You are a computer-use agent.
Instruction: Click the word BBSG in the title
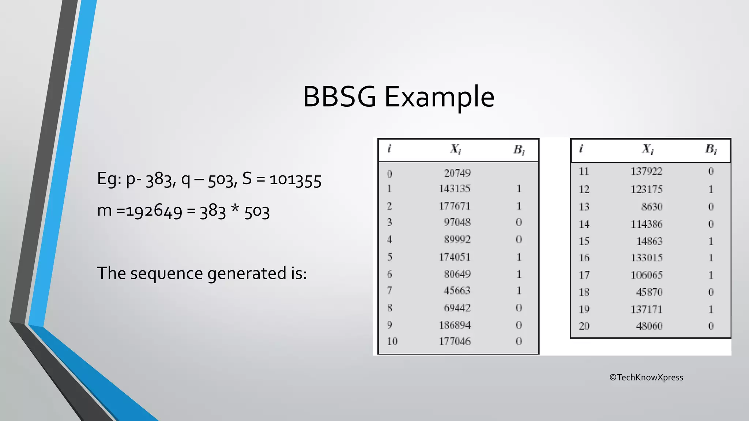coord(339,97)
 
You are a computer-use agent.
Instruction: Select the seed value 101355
coord(296,180)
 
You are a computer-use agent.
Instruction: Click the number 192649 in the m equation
coord(154,211)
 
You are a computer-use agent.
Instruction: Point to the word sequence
coord(167,274)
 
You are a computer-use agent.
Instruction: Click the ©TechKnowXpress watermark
coord(646,378)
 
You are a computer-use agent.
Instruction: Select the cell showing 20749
coord(457,173)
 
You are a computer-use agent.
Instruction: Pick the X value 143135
coord(455,189)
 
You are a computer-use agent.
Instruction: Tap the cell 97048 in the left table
coord(457,222)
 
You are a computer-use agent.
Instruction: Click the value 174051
coord(455,257)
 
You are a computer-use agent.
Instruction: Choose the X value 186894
coord(455,325)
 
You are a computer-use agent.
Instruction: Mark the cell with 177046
coord(455,341)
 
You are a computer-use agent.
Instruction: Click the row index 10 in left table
coord(392,341)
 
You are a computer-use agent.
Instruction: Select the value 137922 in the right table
coord(646,171)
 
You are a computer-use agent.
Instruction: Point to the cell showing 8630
coord(652,207)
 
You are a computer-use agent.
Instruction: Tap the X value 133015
coord(646,258)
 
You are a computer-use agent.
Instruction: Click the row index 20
coord(584,326)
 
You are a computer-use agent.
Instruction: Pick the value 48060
coord(649,326)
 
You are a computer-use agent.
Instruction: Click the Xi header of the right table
coord(647,149)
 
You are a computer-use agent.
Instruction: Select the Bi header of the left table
coord(519,150)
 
